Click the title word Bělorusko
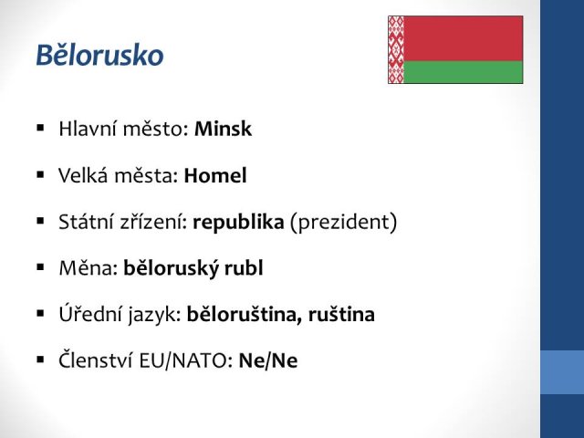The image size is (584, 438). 99,55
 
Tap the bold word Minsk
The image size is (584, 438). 223,129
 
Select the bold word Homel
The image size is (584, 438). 215,175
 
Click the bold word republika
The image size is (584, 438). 238,223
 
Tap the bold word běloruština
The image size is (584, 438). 245,314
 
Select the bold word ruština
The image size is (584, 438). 341,314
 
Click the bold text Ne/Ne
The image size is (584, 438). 268,360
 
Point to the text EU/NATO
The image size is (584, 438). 186,360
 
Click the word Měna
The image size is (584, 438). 89,267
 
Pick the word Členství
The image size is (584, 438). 96,360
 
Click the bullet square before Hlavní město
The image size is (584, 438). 40,128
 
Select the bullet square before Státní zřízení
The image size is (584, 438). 40,221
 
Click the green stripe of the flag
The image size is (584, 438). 464,72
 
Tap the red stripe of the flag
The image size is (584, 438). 464,38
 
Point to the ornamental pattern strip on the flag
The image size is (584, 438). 396,49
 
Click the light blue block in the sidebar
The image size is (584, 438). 562,372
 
